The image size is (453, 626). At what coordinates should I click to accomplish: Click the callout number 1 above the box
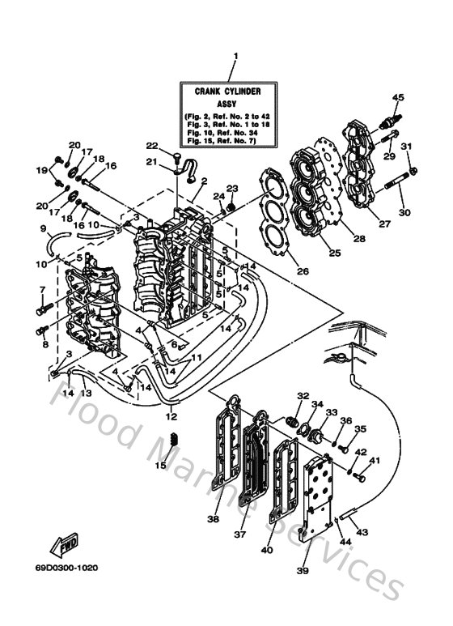click(x=235, y=56)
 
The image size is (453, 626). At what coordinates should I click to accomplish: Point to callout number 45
click(x=397, y=98)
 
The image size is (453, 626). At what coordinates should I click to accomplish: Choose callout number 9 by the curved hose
click(x=43, y=228)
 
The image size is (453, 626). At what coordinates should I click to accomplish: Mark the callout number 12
click(x=171, y=416)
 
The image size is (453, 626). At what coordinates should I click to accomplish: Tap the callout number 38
click(x=213, y=519)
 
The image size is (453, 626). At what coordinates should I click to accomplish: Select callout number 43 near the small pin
click(x=361, y=531)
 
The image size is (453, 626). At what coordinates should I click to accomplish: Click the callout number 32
click(x=303, y=396)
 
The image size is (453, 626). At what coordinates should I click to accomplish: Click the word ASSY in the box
click(x=235, y=104)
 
